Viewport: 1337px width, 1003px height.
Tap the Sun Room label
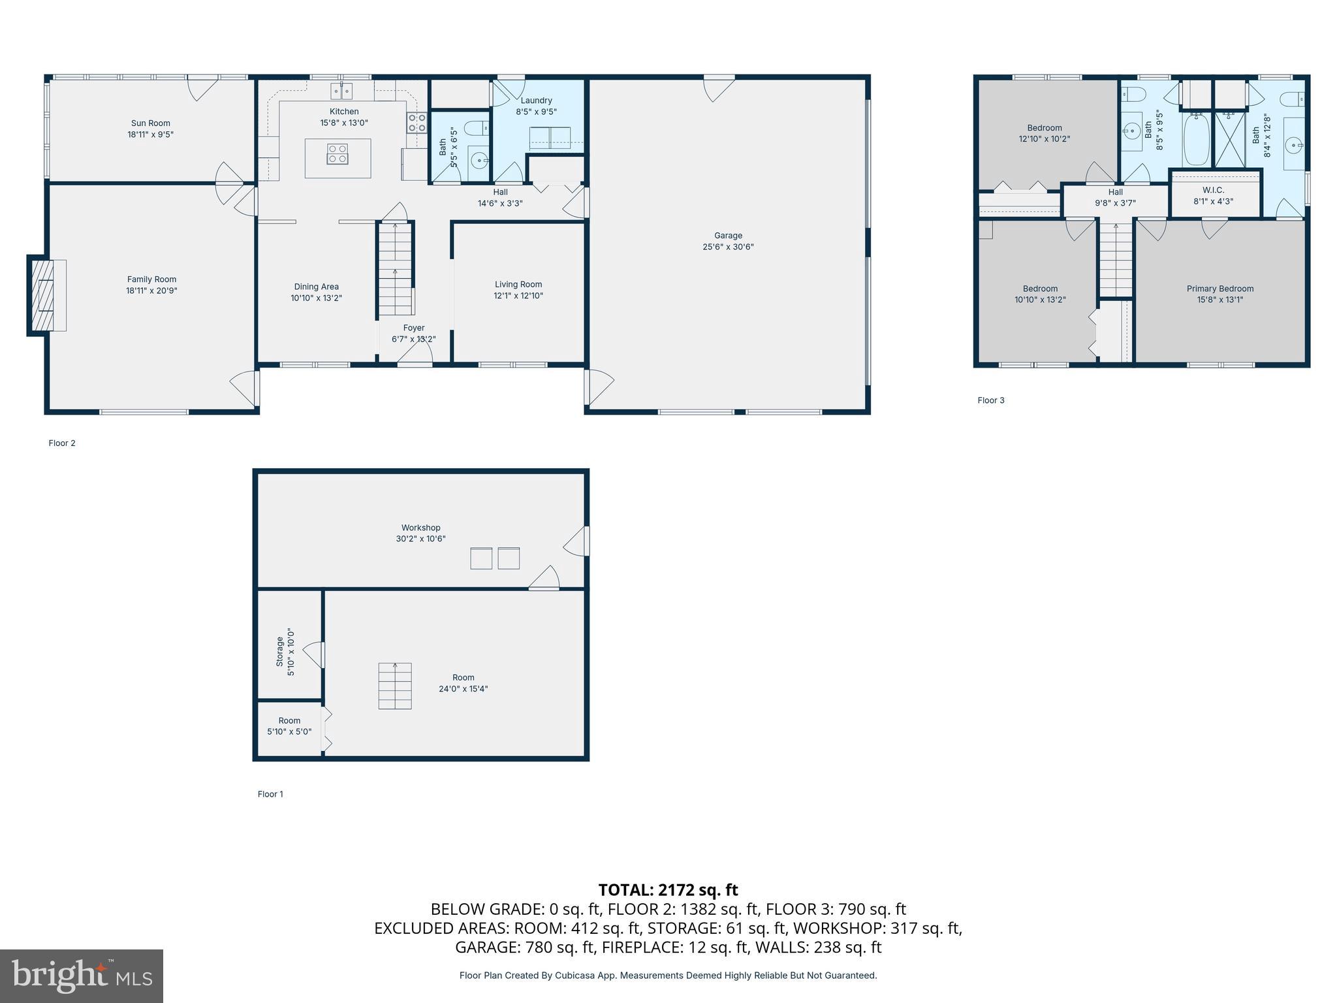[150, 123]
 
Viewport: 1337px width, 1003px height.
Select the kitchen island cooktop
[338, 154]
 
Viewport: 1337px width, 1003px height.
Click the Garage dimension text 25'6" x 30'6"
[728, 247]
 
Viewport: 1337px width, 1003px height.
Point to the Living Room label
[518, 284]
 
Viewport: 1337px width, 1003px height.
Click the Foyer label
[413, 328]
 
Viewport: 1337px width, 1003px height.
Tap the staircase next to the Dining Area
[395, 269]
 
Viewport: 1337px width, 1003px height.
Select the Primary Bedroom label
[1219, 289]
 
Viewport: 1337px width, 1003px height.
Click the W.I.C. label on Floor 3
[1213, 190]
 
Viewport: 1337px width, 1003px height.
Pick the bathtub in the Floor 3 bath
[1197, 139]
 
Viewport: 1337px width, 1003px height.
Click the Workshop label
[420, 528]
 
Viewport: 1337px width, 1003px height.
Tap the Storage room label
[279, 651]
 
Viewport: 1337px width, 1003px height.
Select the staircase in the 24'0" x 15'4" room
[395, 686]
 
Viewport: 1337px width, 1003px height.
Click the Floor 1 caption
[270, 794]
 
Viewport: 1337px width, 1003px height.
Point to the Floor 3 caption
[990, 400]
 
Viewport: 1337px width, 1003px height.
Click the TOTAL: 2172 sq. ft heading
[668, 889]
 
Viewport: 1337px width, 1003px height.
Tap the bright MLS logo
[82, 976]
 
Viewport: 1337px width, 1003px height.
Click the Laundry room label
[536, 101]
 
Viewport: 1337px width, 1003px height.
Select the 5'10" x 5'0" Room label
[289, 721]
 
